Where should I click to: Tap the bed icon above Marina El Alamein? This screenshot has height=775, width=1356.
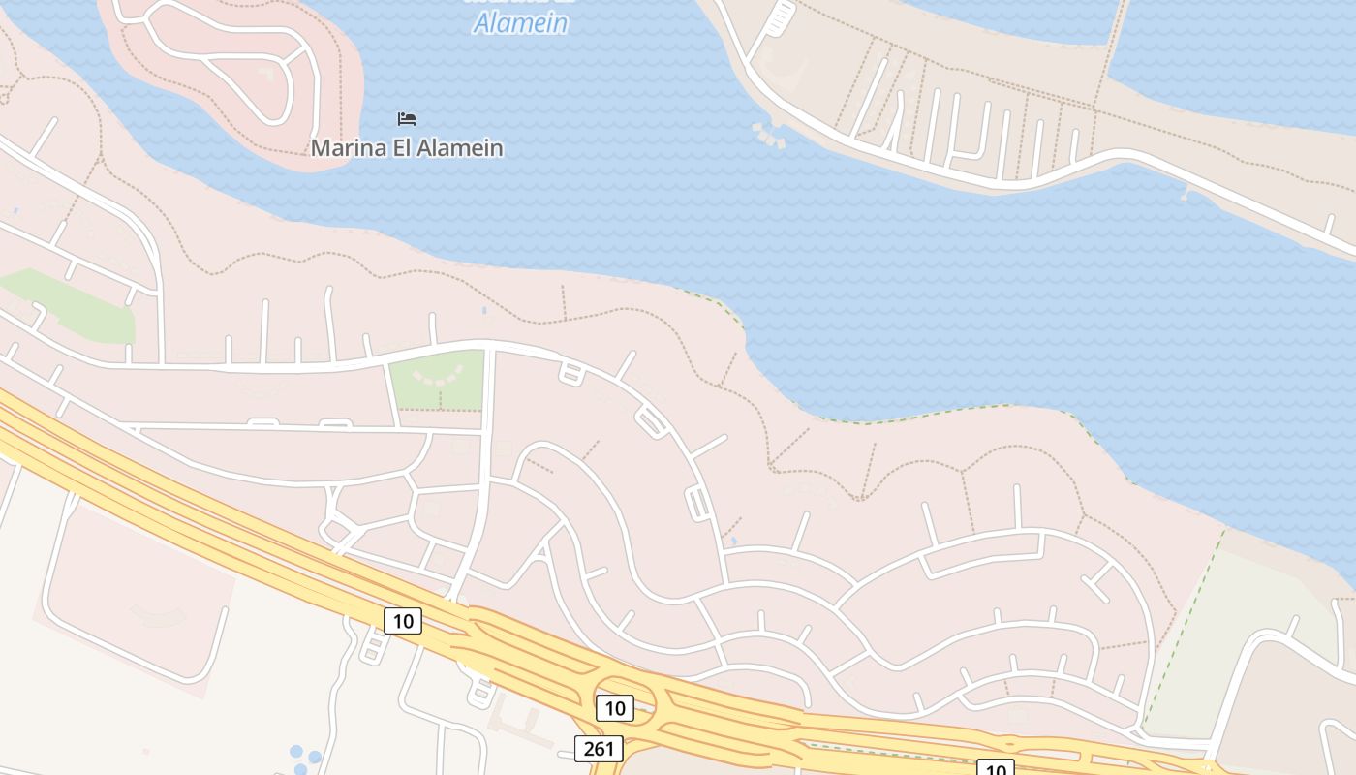coord(407,119)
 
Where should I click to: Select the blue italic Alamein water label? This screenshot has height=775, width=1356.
coord(520,22)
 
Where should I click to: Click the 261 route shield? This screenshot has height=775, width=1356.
coord(599,749)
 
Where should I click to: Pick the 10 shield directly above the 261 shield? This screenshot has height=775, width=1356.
coord(615,708)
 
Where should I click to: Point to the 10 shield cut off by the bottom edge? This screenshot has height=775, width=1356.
coord(995,768)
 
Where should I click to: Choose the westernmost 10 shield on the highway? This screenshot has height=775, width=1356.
coord(403,621)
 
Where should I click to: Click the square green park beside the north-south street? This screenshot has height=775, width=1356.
coord(438,380)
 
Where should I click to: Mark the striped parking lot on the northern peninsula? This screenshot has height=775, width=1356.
coord(780,17)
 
